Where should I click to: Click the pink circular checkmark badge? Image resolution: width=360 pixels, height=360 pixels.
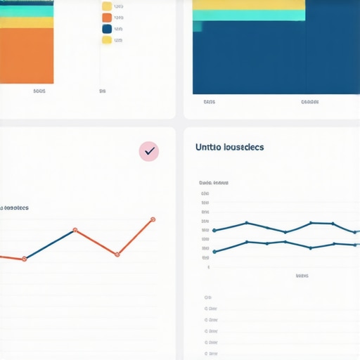point(149,150)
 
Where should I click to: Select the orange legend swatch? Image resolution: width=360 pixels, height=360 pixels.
point(107,18)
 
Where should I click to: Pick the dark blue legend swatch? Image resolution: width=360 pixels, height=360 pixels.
point(107,29)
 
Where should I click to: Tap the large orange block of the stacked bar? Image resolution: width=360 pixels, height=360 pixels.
point(27,55)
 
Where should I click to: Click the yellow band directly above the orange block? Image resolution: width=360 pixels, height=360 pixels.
point(27,22)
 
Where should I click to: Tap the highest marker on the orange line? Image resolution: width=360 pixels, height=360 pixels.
point(153,220)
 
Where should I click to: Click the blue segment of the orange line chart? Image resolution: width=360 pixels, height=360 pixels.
point(49,245)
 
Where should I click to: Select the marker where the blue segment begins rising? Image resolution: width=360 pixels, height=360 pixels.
point(25,259)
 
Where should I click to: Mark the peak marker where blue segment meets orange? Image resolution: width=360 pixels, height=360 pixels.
point(75,230)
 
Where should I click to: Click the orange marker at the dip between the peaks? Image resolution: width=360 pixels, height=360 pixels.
point(116,254)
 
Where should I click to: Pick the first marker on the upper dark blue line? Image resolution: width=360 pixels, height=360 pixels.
point(214,230)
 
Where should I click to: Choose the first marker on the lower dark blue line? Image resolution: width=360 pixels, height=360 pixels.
point(214,252)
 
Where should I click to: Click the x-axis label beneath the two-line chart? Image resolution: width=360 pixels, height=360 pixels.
point(302,276)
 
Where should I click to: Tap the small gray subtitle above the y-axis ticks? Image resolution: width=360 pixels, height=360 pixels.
point(214,182)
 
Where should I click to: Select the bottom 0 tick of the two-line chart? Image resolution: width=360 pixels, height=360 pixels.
point(207,267)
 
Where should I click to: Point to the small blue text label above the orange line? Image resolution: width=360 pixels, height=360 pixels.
point(14,208)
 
